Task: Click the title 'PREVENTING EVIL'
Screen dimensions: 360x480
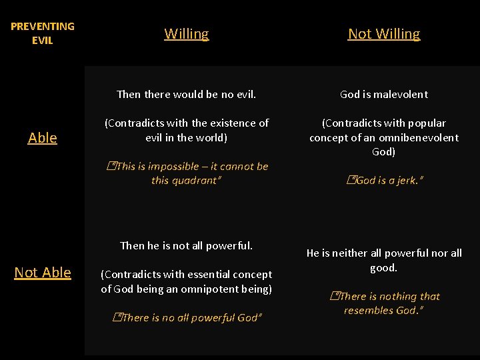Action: click(x=43, y=33)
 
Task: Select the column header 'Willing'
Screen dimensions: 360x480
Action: click(x=187, y=34)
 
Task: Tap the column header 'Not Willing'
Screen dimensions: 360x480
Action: click(x=384, y=34)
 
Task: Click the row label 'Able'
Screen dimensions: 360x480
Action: click(x=43, y=138)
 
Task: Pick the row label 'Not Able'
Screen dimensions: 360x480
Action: click(x=43, y=273)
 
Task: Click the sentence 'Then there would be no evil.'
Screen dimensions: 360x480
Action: click(x=186, y=94)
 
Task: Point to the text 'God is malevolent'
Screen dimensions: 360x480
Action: click(x=384, y=94)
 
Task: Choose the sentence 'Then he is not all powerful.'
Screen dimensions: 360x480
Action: click(x=186, y=245)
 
